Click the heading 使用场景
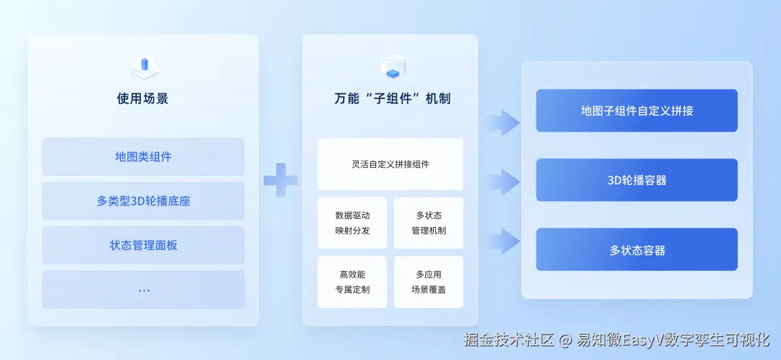[142, 98]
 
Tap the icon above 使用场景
[144, 68]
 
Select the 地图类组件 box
[143, 157]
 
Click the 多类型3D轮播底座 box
[143, 201]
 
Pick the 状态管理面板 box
[143, 245]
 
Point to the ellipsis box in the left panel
[143, 289]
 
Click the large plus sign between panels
[281, 180]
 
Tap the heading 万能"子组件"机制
[392, 98]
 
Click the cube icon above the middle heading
[393, 67]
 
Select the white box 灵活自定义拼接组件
[390, 164]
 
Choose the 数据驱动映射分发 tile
[352, 223]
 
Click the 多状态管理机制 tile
[429, 223]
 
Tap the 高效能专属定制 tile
[352, 282]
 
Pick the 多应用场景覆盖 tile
[429, 282]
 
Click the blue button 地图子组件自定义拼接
[636, 111]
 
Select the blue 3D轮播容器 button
[636, 180]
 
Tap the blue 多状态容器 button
[636, 249]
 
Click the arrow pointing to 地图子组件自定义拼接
[503, 122]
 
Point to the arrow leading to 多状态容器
[503, 241]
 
